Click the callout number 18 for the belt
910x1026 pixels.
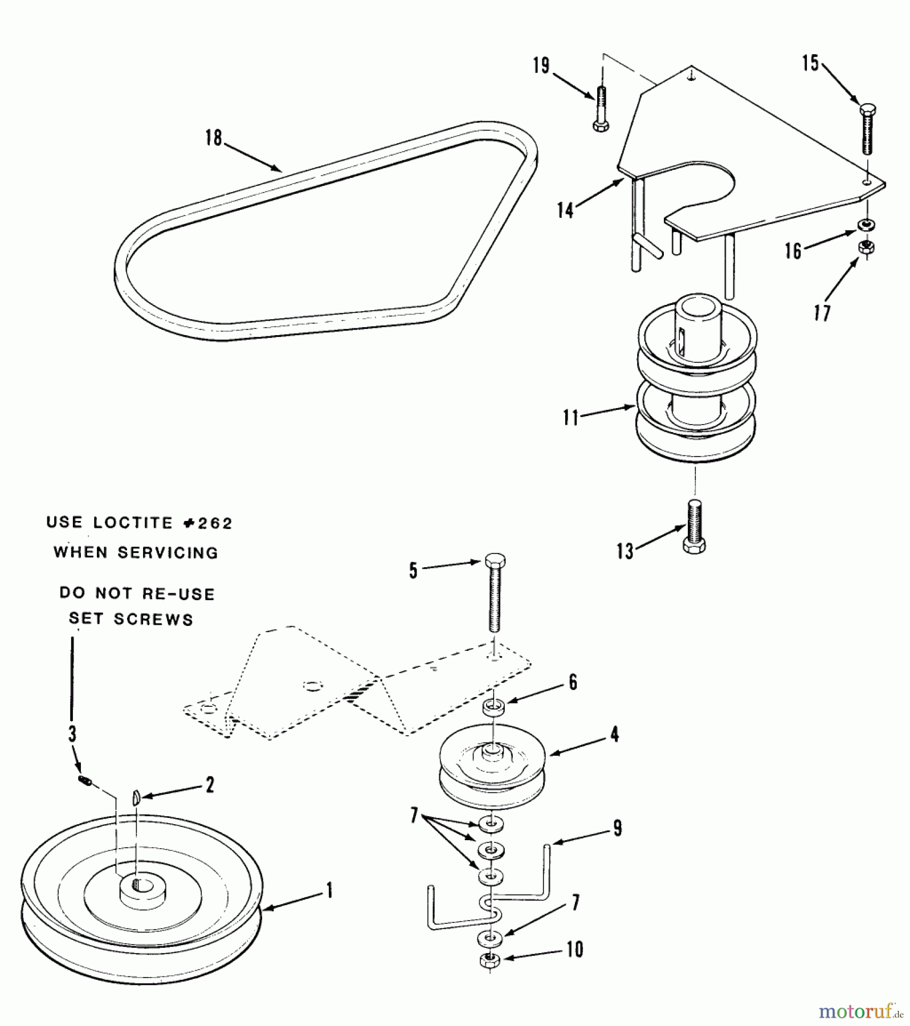[214, 137]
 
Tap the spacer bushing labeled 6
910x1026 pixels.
[493, 709]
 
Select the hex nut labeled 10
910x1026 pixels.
[489, 959]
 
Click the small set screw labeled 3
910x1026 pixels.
[85, 781]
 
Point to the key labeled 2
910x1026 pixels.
[136, 797]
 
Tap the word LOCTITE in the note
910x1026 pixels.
[133, 523]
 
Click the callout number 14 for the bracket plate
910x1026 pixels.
[565, 210]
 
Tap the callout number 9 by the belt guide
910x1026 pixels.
[618, 828]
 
